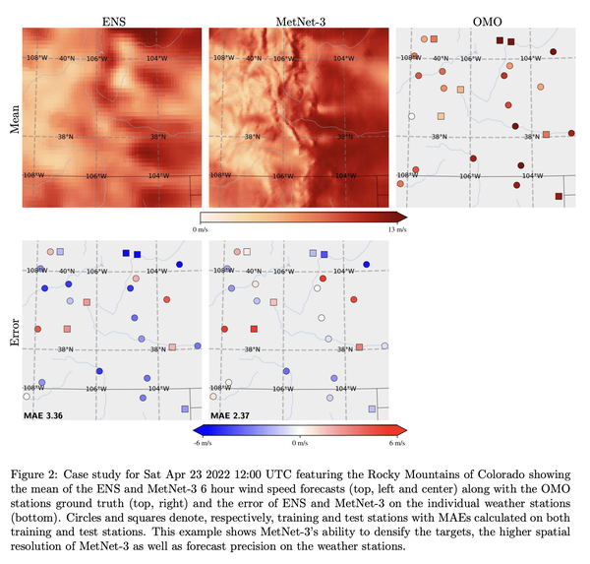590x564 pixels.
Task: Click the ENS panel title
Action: pyautogui.click(x=112, y=19)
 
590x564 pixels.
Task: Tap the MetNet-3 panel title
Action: pyautogui.click(x=298, y=19)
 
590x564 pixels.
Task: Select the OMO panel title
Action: pyautogui.click(x=484, y=19)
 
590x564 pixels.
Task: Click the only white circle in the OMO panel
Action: pyautogui.click(x=412, y=116)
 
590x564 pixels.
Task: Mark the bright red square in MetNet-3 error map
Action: pyautogui.click(x=254, y=328)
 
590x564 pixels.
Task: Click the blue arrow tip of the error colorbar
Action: pyautogui.click(x=197, y=429)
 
